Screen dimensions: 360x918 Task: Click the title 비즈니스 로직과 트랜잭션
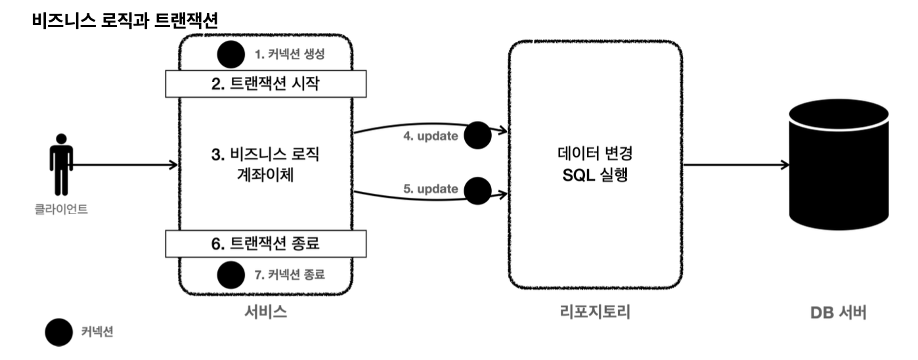125,20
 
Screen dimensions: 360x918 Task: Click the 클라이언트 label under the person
61,210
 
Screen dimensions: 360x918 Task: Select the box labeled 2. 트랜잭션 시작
265,84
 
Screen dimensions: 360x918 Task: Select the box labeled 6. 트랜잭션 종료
265,244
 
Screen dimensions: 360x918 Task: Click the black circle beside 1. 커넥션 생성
230,55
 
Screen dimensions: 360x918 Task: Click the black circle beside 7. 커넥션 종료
230,274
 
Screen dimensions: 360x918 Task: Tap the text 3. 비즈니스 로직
267,156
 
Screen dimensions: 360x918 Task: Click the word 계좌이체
267,176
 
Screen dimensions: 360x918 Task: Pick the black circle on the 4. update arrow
477,135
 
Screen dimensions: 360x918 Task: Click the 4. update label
431,137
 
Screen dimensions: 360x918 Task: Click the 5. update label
431,189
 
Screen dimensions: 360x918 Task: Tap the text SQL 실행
594,176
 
